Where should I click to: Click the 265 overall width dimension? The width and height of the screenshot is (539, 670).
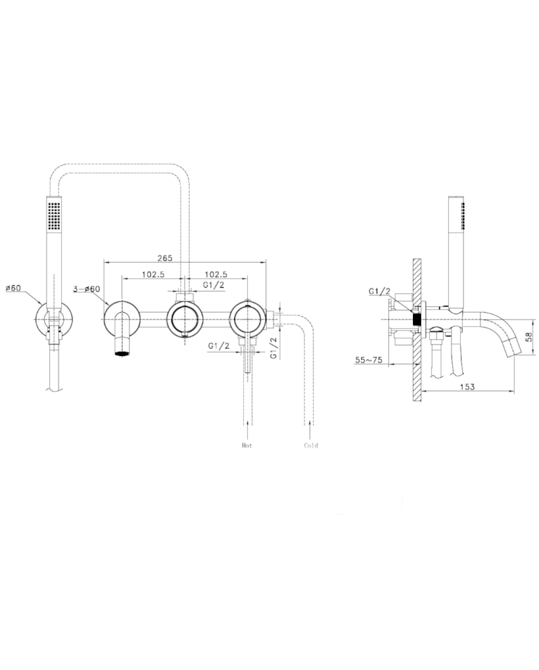(x=165, y=258)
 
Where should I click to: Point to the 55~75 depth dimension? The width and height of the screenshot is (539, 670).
(x=369, y=360)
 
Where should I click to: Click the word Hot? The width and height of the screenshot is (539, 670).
(x=247, y=446)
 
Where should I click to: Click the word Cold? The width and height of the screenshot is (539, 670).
(x=311, y=446)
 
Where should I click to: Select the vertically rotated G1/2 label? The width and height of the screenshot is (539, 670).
(x=273, y=347)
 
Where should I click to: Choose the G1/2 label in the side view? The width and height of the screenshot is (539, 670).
(x=379, y=291)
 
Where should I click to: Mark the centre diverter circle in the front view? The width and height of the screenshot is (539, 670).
(x=184, y=317)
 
